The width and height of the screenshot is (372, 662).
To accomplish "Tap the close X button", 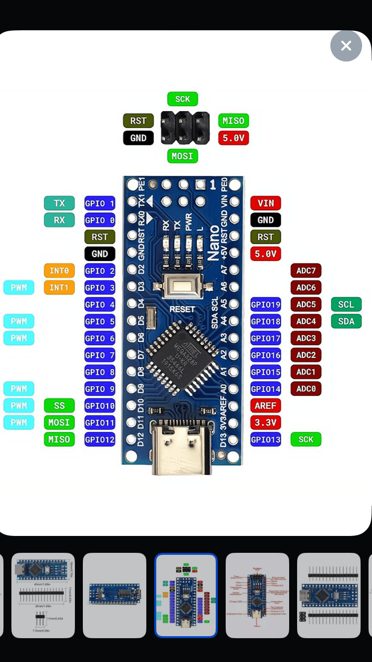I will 346,46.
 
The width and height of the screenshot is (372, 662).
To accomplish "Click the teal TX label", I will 59,203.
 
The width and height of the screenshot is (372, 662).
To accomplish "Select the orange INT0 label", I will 59,270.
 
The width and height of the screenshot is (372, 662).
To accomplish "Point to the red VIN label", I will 266,203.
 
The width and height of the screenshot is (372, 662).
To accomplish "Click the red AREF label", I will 266,405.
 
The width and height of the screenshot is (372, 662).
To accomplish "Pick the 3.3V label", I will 266,422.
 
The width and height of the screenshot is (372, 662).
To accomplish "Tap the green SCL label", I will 346,304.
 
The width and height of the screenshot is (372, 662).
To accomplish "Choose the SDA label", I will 346,321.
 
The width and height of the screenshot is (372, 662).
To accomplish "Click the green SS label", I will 59,405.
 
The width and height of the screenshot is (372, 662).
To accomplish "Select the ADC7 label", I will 306,270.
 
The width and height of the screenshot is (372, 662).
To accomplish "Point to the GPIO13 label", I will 266,439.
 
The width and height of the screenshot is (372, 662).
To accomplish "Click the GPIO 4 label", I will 100,304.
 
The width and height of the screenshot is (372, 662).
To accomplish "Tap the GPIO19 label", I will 266,304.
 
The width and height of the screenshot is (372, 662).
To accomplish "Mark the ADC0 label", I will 306,389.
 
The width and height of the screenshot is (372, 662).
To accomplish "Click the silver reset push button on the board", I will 182,287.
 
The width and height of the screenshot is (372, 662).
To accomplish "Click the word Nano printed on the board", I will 214,243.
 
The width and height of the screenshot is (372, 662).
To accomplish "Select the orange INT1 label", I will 59,287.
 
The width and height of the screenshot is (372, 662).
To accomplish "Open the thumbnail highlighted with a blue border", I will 186,595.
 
